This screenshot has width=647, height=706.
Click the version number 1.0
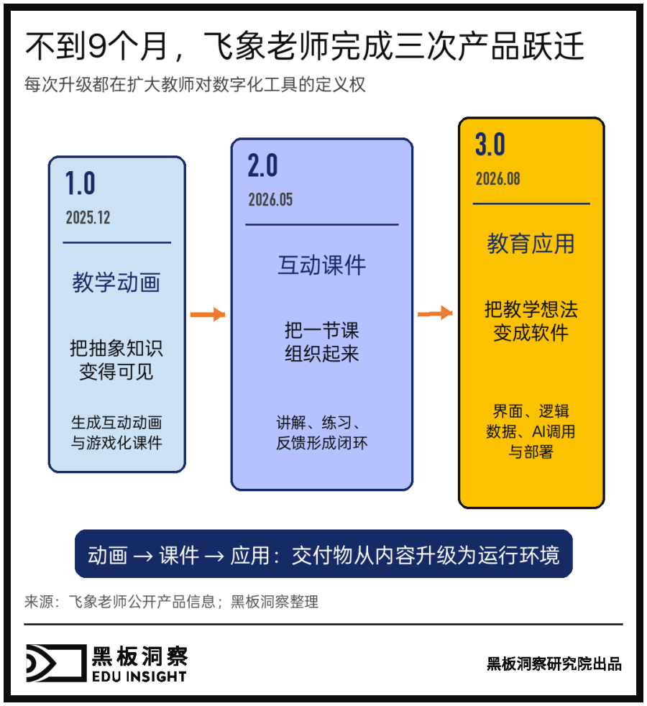(80, 183)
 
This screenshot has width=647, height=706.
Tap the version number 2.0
(262, 165)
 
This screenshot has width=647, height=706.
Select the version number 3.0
(490, 144)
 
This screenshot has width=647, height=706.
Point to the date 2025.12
(88, 217)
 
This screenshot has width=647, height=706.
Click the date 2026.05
(270, 199)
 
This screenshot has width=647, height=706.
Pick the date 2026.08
(497, 179)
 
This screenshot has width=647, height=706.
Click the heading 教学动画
(116, 283)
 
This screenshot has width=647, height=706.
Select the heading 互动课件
(321, 265)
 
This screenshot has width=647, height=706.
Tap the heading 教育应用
(531, 244)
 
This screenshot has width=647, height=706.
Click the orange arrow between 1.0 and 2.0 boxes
(208, 314)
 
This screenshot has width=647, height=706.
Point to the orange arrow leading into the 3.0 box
(435, 313)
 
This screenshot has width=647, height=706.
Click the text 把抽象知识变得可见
(116, 359)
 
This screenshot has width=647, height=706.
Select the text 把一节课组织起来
(321, 342)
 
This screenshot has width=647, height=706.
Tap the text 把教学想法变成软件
(531, 321)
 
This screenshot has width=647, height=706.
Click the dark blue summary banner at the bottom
(323, 554)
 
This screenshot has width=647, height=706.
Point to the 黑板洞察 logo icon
(56, 663)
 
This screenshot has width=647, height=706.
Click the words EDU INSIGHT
(139, 677)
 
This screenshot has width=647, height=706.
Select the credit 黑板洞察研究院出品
(554, 664)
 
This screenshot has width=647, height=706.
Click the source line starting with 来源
(171, 602)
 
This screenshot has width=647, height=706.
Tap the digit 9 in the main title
(97, 47)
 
